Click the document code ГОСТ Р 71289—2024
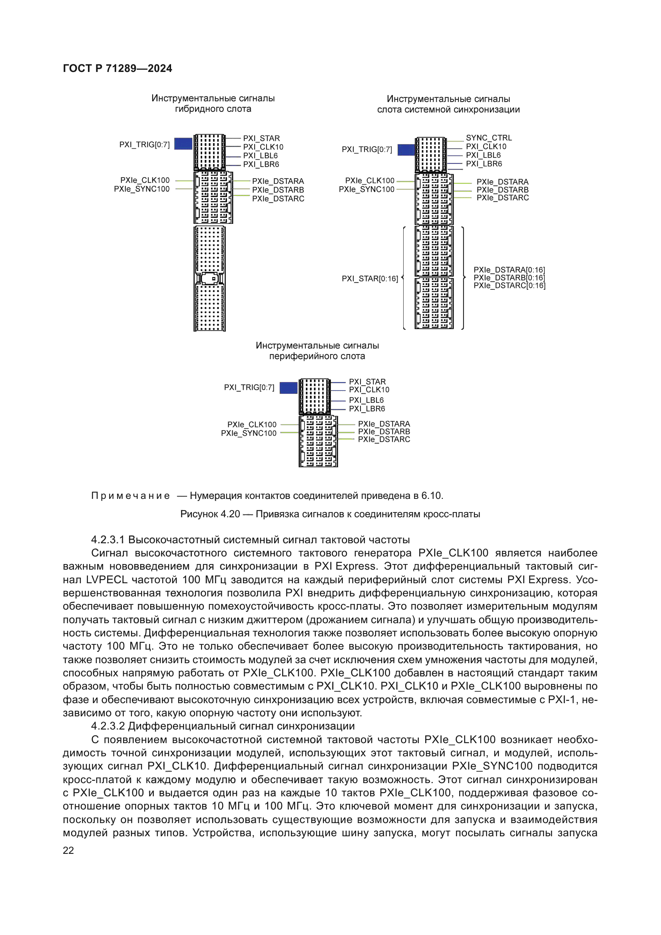pos(117,68)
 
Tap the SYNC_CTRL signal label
pos(488,138)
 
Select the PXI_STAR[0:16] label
pos(370,279)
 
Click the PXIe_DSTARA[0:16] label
pos(509,270)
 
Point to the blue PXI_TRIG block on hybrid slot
pos(183,144)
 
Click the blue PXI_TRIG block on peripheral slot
pos(288,388)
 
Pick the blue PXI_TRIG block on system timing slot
pos(406,150)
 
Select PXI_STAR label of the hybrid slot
pos(261,138)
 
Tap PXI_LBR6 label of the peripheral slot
pos(367,409)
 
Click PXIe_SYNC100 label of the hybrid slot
pos(141,189)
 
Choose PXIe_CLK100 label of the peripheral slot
pos(251,425)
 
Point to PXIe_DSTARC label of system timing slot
pos(502,198)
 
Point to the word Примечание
pos(131,496)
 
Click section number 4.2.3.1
pos(108,540)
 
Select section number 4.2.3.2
pos(108,726)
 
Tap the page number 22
pos(68,850)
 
